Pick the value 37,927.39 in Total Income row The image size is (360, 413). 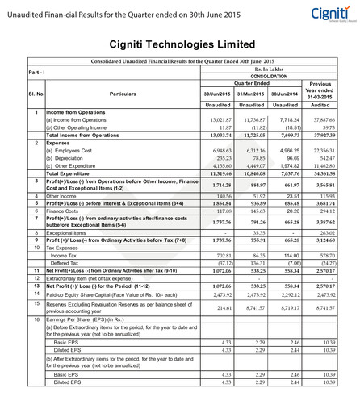[320, 135]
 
